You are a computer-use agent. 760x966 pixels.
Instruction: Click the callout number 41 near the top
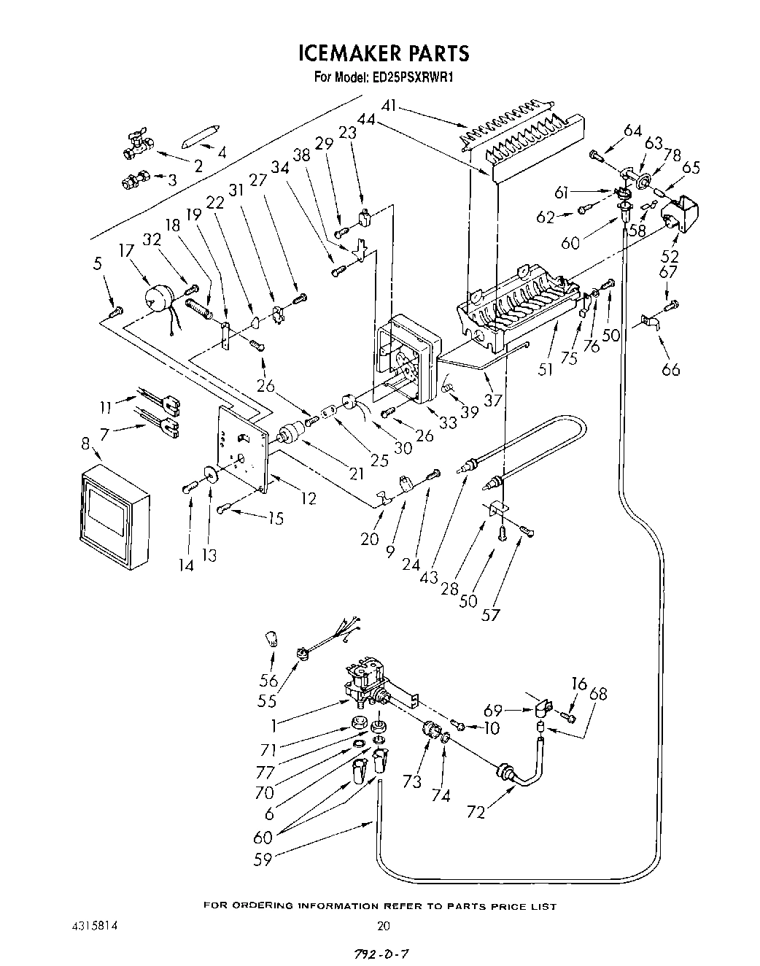(389, 107)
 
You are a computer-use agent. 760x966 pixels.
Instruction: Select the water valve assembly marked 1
(367, 686)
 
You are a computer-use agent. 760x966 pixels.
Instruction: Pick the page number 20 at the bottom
(384, 926)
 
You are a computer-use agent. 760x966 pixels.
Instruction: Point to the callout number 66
(670, 369)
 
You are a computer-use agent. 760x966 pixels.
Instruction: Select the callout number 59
(263, 859)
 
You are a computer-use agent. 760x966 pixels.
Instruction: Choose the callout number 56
(269, 680)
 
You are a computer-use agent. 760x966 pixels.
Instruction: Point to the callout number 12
(308, 498)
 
